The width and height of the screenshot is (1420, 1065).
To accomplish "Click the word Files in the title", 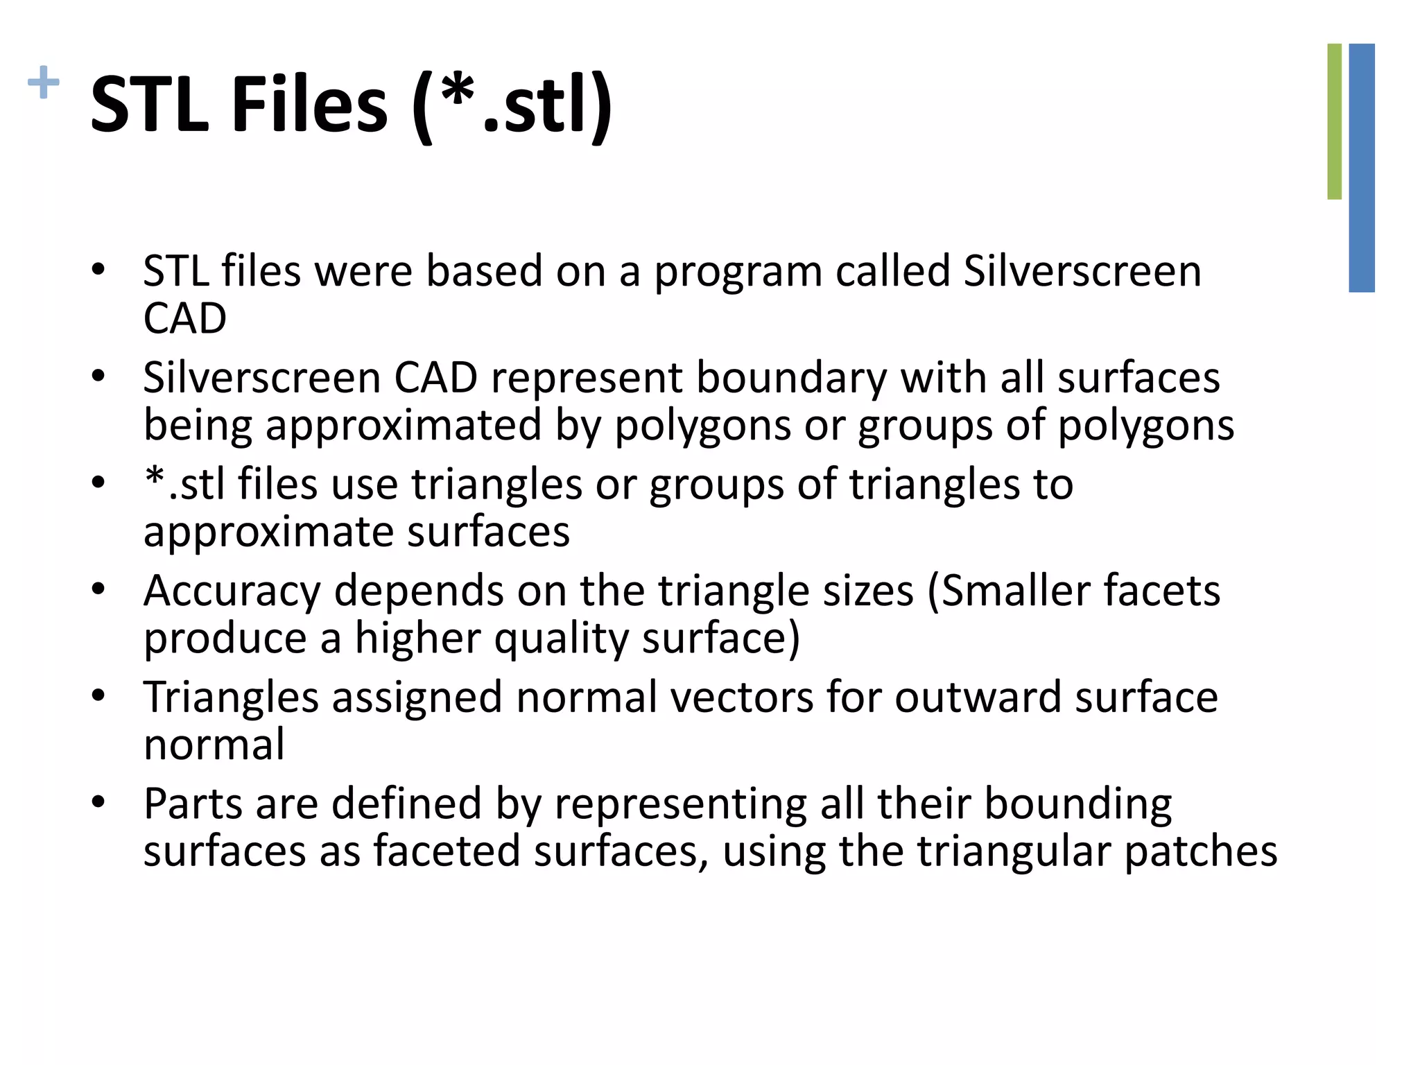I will [309, 105].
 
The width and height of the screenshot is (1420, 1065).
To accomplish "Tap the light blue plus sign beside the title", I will [43, 83].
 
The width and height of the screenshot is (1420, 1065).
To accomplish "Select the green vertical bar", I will [1334, 121].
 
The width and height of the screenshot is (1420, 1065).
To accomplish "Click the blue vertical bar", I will [1362, 168].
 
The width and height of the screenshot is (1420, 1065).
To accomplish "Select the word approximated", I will [404, 425].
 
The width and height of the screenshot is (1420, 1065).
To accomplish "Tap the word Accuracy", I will [232, 591].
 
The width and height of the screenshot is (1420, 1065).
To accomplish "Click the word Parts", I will [193, 804].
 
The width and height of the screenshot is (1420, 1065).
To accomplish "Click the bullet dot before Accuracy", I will [98, 589].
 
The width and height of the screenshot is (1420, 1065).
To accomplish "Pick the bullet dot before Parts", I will [98, 802].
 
